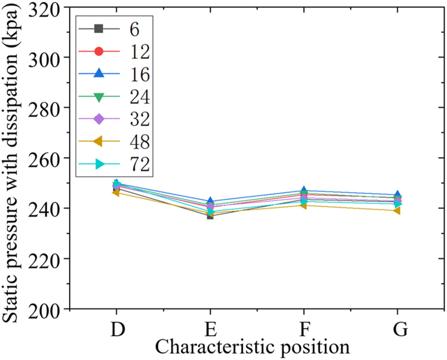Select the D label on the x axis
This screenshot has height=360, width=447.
tap(117, 329)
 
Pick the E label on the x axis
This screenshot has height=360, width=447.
tap(211, 329)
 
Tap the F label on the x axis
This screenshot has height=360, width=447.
tap(304, 329)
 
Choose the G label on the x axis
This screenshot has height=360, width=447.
tap(399, 329)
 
